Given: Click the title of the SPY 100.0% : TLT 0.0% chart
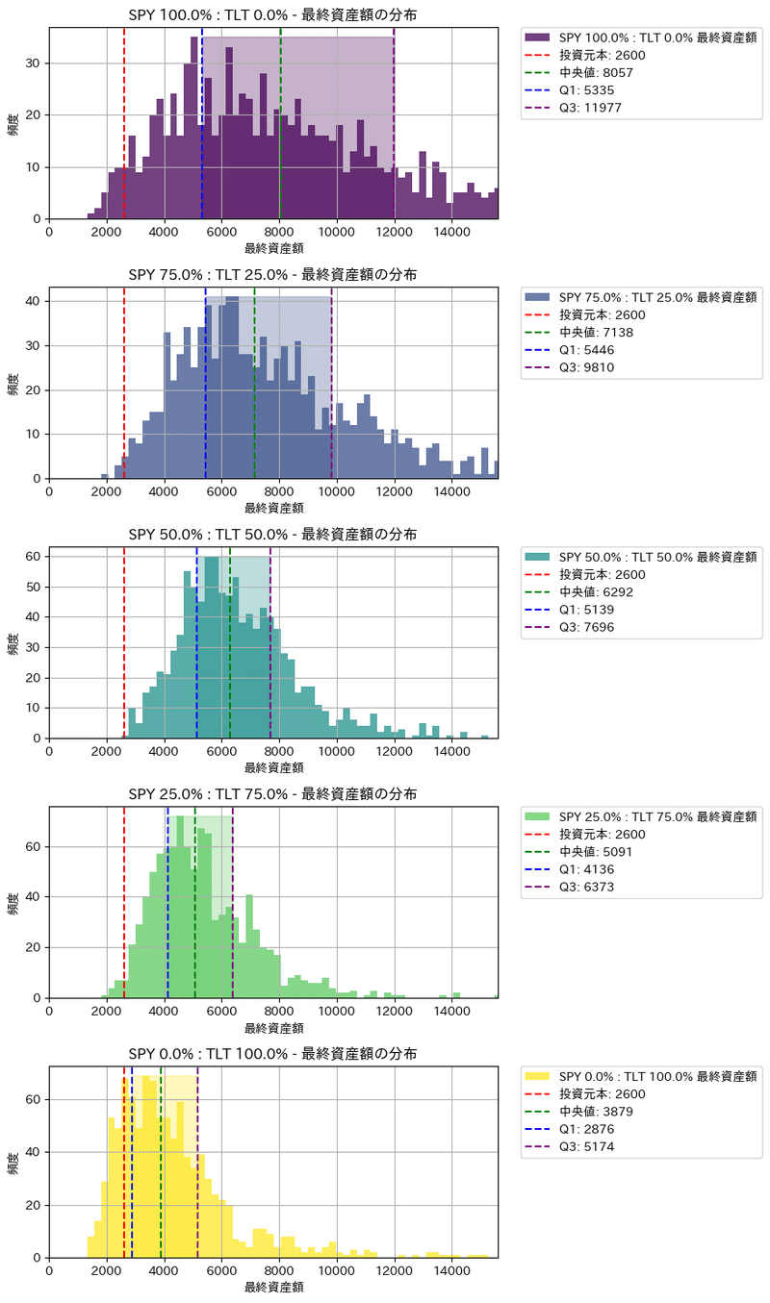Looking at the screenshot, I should (273, 14).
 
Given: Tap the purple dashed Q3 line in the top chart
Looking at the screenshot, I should (394, 125).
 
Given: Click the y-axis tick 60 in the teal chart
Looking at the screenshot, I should (33, 556).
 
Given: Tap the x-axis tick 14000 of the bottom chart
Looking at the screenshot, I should (451, 1270).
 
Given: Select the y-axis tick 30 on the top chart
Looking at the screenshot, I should (33, 63).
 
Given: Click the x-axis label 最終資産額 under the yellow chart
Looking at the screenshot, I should (273, 1287).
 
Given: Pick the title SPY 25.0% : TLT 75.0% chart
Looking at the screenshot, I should (273, 793).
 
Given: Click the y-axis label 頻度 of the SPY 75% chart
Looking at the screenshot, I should (13, 384).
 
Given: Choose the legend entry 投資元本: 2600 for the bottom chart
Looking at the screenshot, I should (603, 1093).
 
